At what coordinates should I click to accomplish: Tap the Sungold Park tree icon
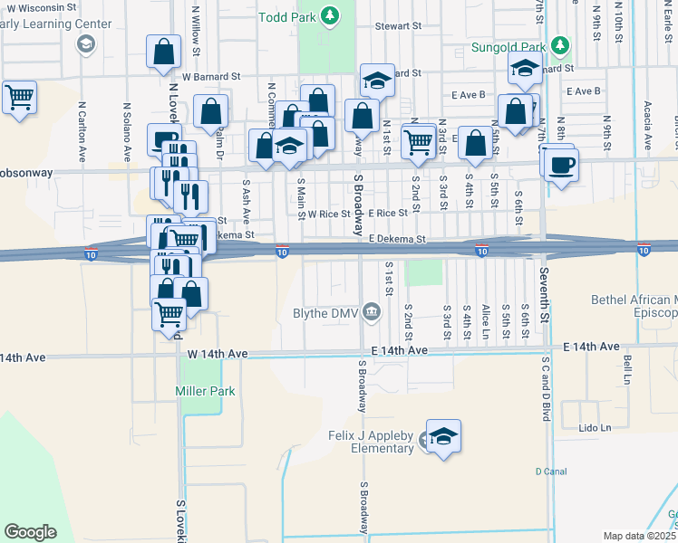(561, 45)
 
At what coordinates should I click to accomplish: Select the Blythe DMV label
(324, 313)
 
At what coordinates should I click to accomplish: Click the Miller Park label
(205, 391)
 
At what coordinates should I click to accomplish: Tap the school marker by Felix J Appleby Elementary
(443, 436)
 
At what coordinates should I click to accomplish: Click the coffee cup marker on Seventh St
(560, 164)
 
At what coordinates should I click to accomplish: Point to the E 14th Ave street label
(398, 350)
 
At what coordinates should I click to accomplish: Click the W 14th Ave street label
(23, 357)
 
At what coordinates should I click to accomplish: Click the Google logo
(30, 532)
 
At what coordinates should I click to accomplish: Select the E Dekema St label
(397, 239)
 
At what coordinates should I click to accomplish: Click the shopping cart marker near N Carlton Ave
(19, 96)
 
